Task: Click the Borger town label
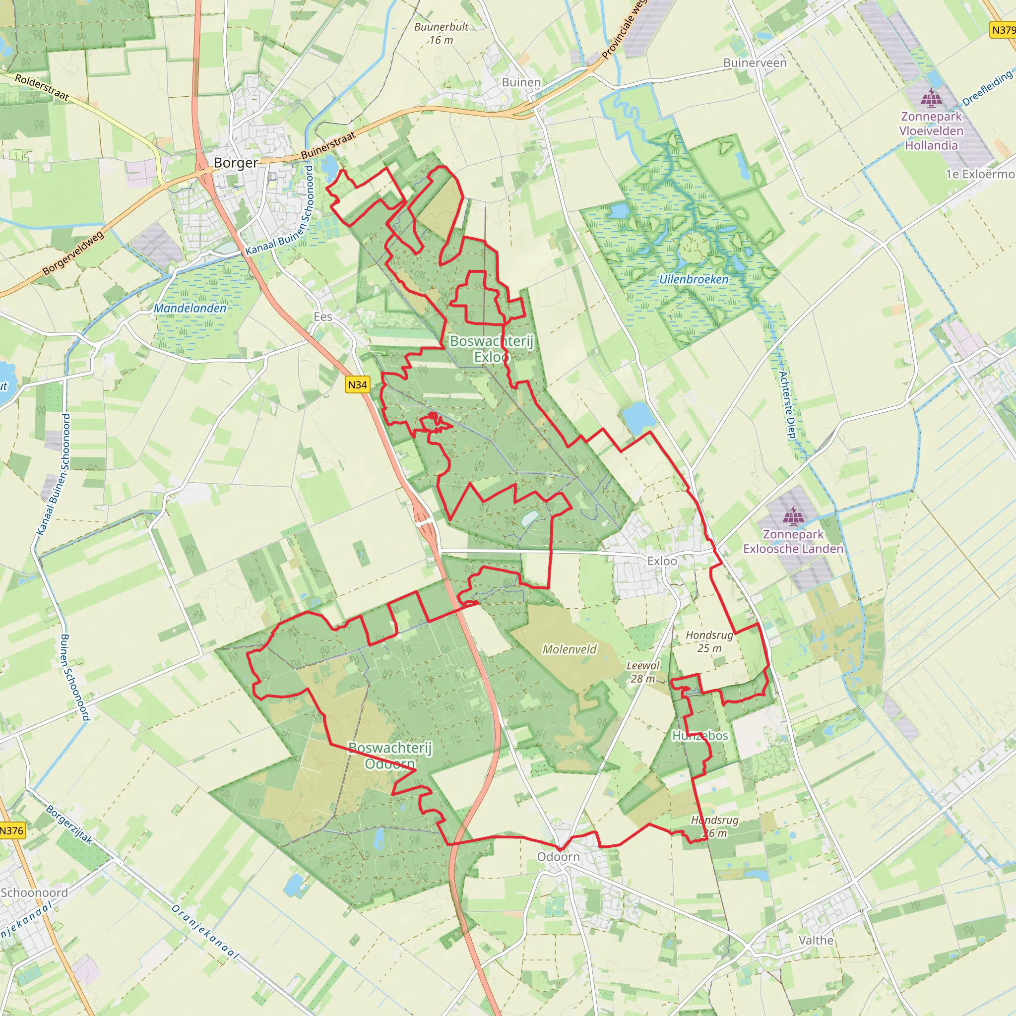(x=236, y=163)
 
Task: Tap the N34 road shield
(x=358, y=385)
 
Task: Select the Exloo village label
(x=662, y=561)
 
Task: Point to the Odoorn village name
(x=559, y=857)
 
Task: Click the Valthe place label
(x=816, y=940)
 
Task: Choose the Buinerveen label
(x=755, y=63)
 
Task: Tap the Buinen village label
(x=521, y=82)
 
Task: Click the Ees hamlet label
(x=323, y=317)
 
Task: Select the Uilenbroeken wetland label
(x=694, y=280)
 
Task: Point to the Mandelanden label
(x=190, y=309)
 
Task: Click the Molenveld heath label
(x=570, y=649)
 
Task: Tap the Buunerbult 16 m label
(x=441, y=33)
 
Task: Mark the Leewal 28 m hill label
(x=642, y=672)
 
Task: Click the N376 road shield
(x=11, y=831)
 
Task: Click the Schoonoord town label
(x=34, y=893)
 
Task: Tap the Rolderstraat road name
(x=42, y=87)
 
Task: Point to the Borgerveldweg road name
(x=73, y=253)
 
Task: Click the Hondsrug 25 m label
(x=709, y=641)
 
